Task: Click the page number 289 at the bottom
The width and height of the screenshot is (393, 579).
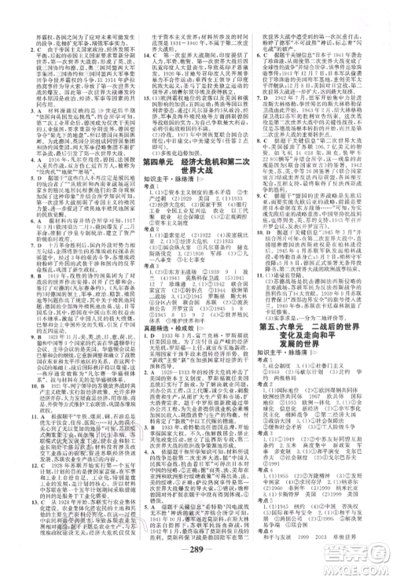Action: pyautogui.click(x=196, y=551)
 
